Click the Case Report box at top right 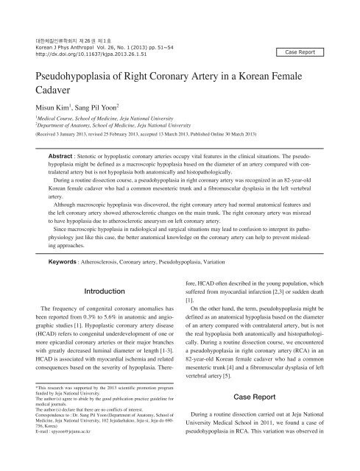pyautogui.click(x=310, y=53)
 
